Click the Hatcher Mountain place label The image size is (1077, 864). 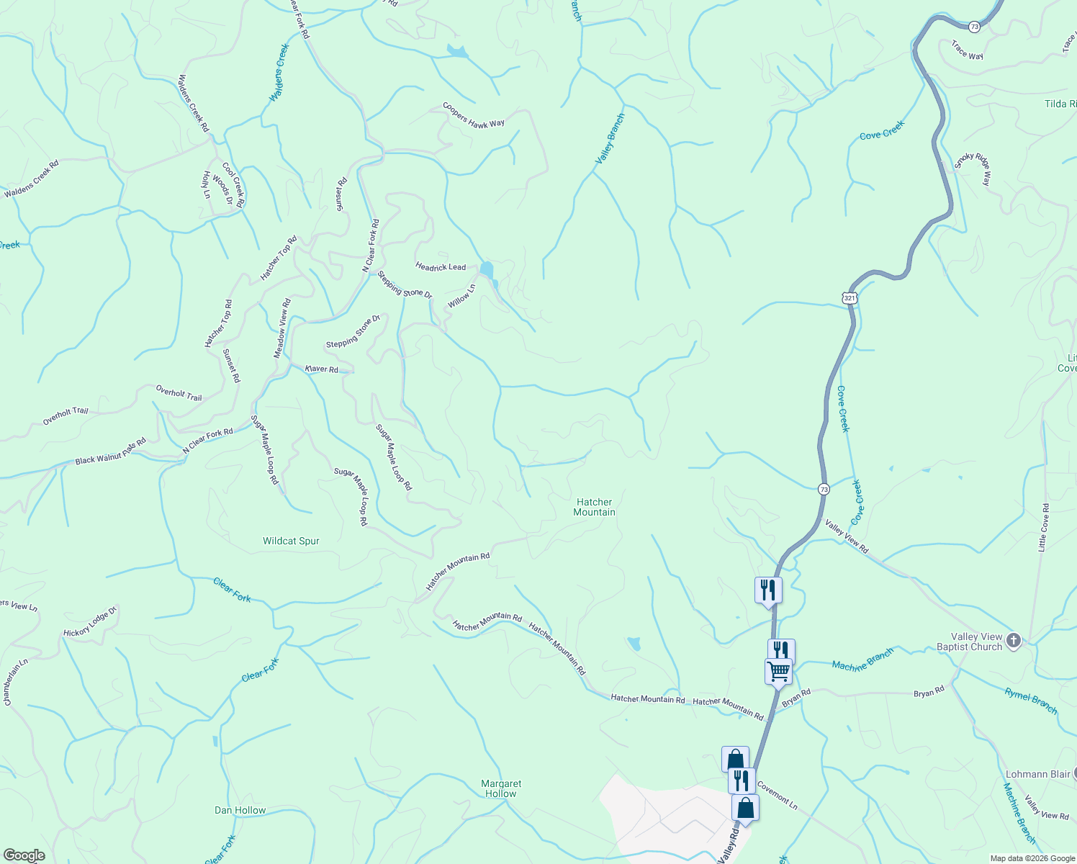[594, 507]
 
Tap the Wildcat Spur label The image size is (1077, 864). [291, 541]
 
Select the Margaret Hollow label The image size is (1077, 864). [501, 788]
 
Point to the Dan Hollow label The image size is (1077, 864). [240, 810]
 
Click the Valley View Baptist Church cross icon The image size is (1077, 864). [1014, 640]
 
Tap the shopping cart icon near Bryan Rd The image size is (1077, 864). [778, 672]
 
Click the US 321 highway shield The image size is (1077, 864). [850, 298]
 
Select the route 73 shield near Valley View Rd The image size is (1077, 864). [824, 489]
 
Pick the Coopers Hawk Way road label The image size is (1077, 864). [473, 115]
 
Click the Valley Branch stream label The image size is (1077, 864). [610, 138]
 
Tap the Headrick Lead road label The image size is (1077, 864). [441, 266]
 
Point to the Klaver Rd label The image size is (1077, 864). [321, 369]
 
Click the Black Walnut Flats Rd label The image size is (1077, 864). [110, 451]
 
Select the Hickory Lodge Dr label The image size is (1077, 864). [90, 623]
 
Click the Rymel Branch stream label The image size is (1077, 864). [1031, 701]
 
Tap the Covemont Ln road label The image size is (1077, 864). [777, 797]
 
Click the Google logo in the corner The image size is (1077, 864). [24, 855]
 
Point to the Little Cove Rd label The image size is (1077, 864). [1043, 528]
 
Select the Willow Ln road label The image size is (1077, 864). [461, 296]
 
